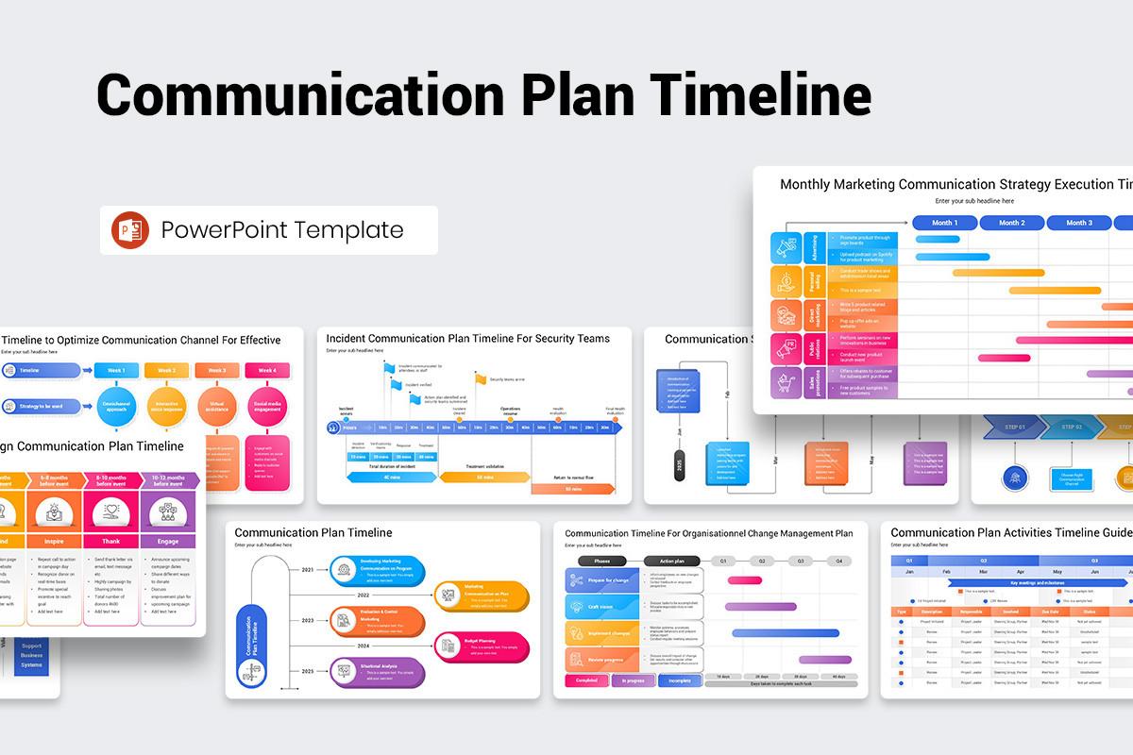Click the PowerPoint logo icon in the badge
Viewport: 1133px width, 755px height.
point(130,230)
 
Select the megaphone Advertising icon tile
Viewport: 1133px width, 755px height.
point(786,248)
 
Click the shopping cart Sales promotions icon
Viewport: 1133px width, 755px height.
point(786,382)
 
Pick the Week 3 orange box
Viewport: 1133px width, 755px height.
point(217,371)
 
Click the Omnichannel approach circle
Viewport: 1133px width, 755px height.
point(116,406)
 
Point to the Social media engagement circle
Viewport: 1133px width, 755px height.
point(267,406)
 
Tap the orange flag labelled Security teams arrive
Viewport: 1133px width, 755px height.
point(481,379)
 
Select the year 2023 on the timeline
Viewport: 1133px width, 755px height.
point(308,620)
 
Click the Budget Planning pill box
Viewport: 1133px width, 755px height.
point(482,647)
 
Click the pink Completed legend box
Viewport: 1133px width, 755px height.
point(586,679)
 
